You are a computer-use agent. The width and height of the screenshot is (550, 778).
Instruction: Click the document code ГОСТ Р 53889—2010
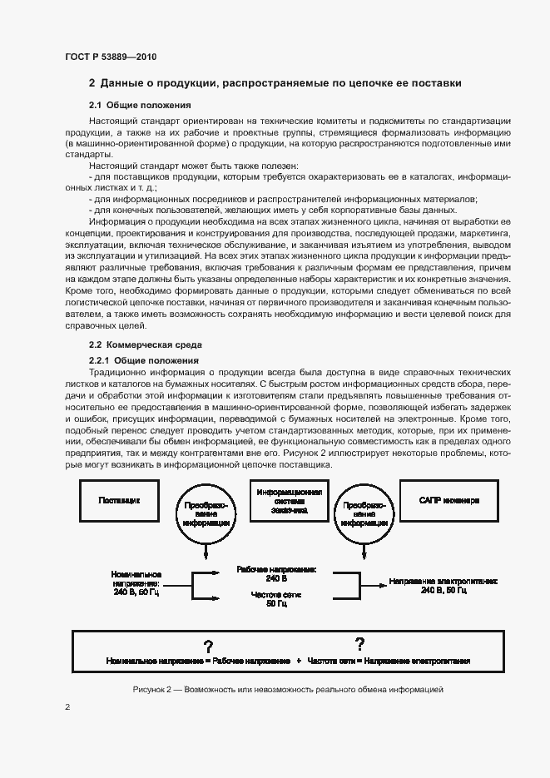tap(111, 57)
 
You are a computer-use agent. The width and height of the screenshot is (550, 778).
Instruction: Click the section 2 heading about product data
tap(275, 83)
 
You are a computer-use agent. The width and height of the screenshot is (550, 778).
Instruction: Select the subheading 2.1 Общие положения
tap(141, 106)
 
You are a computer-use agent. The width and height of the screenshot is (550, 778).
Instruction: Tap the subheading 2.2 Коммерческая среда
tap(146, 344)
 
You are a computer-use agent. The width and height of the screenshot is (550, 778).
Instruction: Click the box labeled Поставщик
tap(119, 502)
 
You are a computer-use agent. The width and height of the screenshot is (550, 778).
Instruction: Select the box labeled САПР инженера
tap(449, 502)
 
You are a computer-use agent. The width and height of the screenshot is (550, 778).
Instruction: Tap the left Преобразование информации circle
tap(201, 514)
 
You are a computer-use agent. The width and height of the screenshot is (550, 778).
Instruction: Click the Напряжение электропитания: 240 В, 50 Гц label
tap(431, 585)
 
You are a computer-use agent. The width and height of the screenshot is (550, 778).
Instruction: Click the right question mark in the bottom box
tap(359, 643)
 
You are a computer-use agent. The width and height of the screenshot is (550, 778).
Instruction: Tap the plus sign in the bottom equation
tap(297, 661)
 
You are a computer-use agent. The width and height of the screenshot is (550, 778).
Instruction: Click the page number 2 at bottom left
tap(67, 707)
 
